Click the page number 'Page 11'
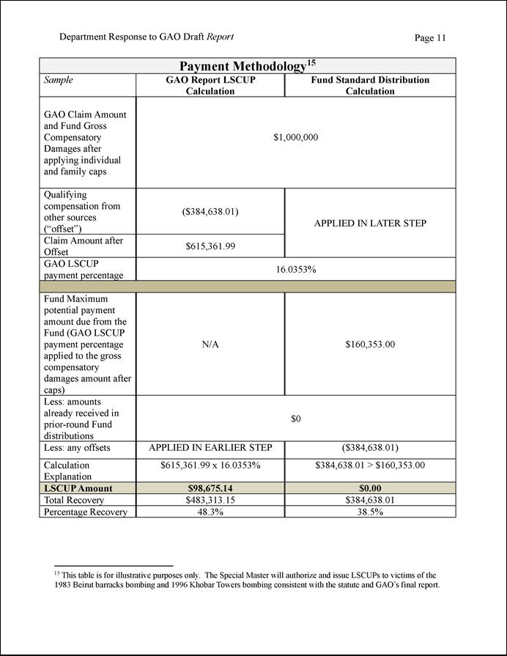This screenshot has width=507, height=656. click(429, 38)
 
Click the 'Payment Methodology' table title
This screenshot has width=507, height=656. click(248, 66)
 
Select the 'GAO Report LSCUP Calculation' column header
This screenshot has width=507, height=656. click(210, 86)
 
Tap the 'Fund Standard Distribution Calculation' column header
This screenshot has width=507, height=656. click(370, 86)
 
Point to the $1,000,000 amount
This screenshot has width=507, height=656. click(295, 137)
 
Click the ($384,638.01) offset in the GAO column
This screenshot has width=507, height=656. click(210, 212)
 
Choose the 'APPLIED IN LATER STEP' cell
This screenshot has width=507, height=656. click(370, 223)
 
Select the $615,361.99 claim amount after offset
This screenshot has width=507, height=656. click(210, 246)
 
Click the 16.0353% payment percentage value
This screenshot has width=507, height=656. click(295, 269)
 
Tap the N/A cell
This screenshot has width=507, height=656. click(210, 344)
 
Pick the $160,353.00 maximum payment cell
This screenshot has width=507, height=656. click(370, 344)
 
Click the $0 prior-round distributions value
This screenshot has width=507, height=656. click(295, 419)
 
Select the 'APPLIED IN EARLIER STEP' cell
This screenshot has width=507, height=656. click(210, 447)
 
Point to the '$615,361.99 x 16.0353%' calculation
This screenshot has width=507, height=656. click(210, 465)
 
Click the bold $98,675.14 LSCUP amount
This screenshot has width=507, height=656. click(210, 488)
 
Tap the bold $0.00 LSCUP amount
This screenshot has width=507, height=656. click(370, 488)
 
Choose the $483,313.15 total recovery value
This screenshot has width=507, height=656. click(210, 500)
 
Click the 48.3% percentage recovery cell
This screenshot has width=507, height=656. click(210, 512)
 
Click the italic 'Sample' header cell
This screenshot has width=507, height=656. click(59, 80)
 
